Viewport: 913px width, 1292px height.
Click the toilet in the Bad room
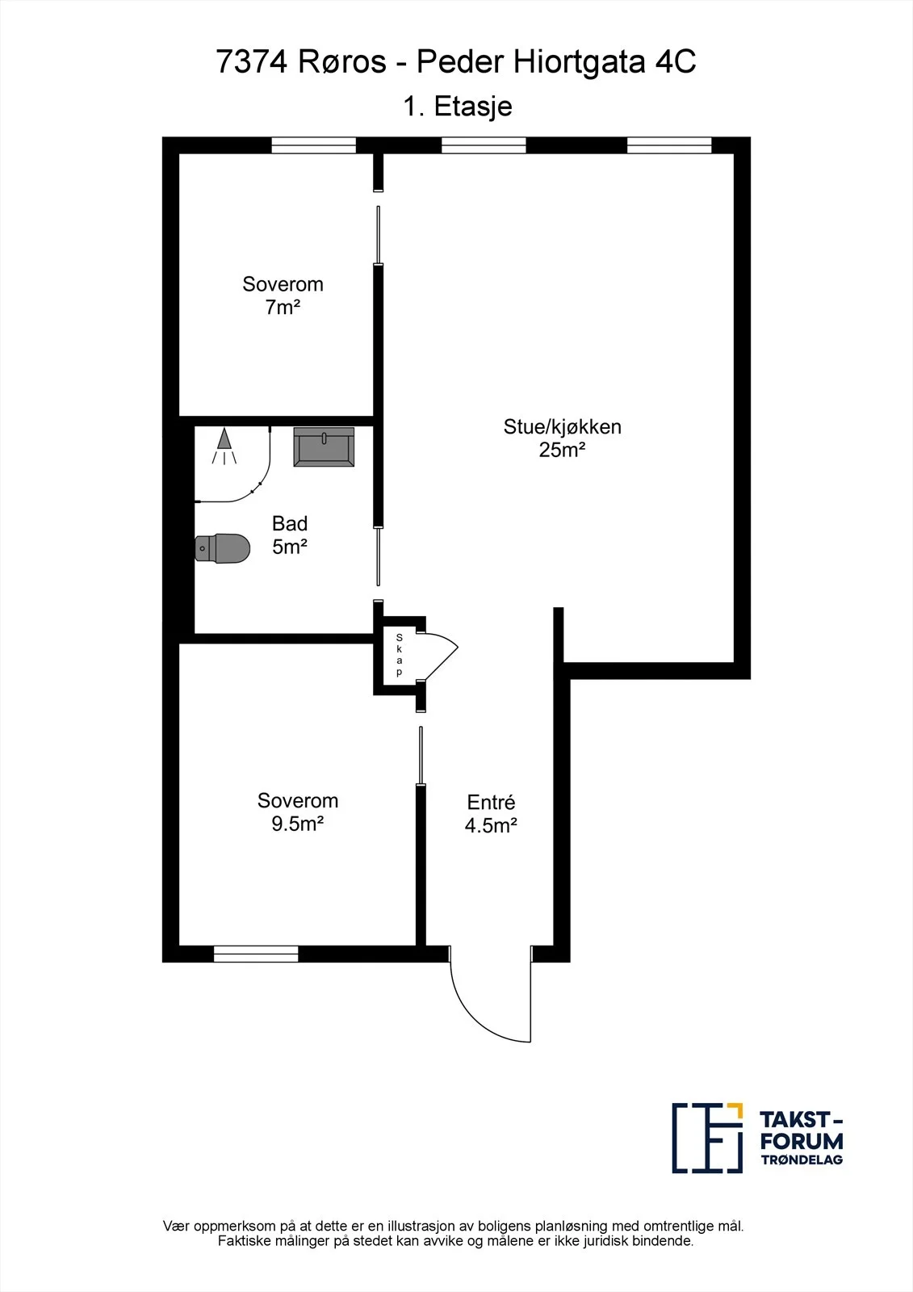[223, 548]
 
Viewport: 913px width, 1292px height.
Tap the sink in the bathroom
[324, 447]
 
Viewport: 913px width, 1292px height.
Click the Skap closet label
[399, 655]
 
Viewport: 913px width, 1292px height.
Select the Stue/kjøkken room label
[563, 427]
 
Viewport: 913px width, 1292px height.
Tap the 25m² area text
[563, 449]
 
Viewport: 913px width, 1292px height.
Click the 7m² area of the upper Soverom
[283, 307]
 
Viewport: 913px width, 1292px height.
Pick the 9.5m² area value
[298, 824]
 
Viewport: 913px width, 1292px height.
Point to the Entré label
[491, 802]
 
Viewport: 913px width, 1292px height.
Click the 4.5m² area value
[491, 825]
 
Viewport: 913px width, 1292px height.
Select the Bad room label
[290, 523]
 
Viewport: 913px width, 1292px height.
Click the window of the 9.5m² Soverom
[256, 954]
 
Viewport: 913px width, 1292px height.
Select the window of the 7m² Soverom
[314, 145]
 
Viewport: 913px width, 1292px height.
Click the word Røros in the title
[342, 61]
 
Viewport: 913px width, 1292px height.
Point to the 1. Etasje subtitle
[458, 106]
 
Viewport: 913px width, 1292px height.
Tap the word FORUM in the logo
[802, 1141]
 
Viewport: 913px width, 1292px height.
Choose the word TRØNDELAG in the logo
[802, 1160]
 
